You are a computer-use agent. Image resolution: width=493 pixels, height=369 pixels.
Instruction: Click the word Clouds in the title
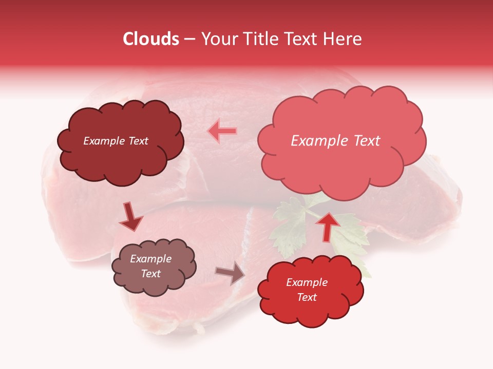coord(151,39)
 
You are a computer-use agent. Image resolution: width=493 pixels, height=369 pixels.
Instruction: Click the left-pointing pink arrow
coord(222,131)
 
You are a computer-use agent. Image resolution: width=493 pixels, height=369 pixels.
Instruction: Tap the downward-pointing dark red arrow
coord(130,217)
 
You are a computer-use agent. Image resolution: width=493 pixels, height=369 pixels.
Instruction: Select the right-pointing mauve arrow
coord(231,273)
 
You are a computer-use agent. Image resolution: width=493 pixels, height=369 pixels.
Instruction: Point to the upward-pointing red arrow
coord(328,226)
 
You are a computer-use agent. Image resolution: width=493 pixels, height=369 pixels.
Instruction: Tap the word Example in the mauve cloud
coord(151,259)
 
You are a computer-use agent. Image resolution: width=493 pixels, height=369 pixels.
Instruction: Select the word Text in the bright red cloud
coord(307,297)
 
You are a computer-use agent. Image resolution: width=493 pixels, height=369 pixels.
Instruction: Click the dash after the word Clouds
coord(189,39)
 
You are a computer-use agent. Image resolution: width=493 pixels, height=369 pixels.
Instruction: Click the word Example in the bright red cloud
coord(307,282)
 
